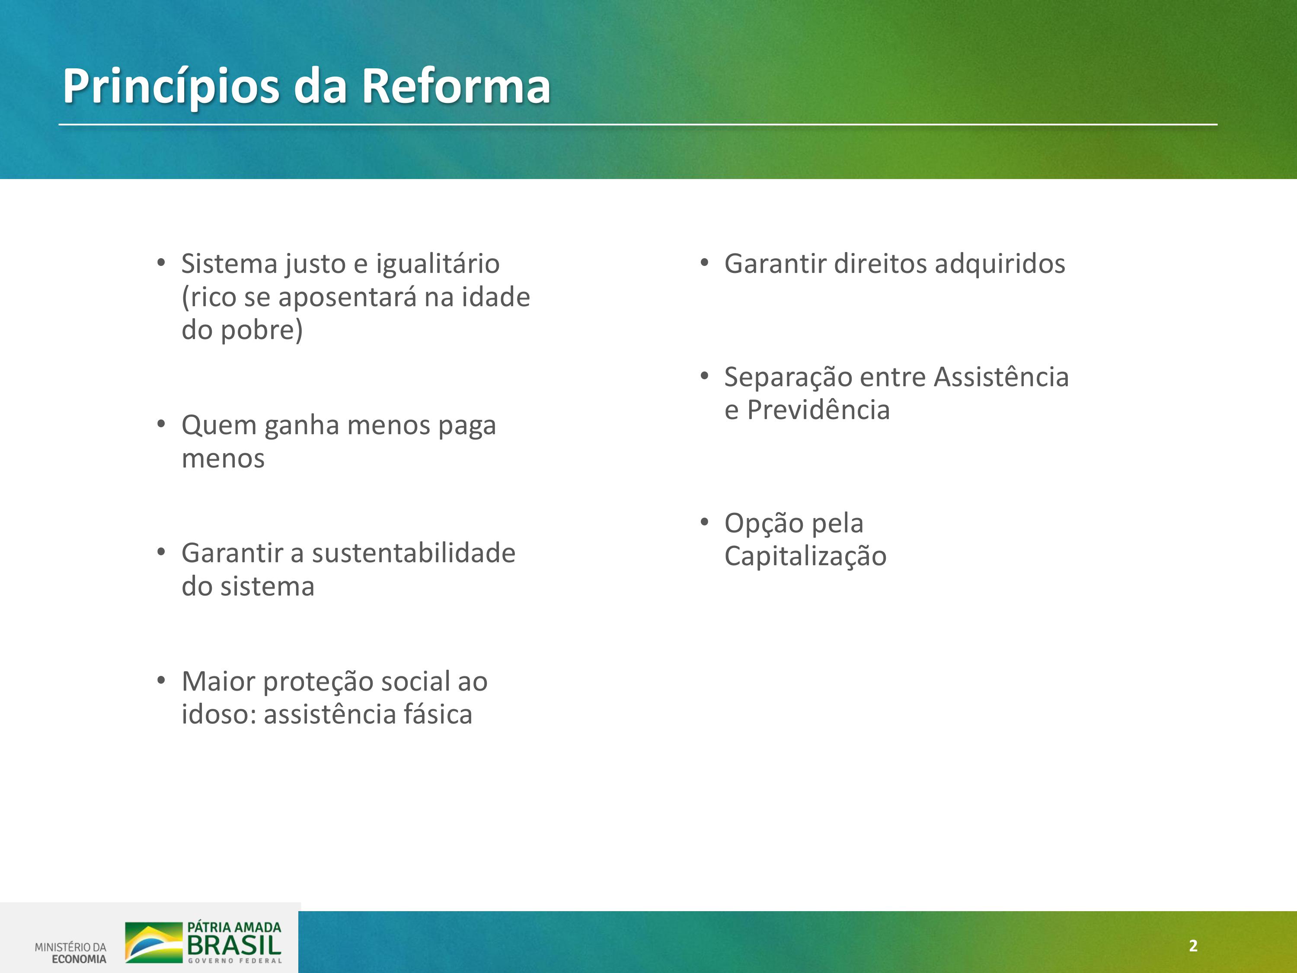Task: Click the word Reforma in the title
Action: (456, 86)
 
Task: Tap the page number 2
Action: (1193, 945)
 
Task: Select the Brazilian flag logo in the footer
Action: (153, 942)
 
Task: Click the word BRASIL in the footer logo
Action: (234, 945)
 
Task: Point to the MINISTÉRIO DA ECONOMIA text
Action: (70, 953)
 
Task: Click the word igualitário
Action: (438, 264)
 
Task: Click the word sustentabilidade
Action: (413, 553)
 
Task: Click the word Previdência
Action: (818, 410)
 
